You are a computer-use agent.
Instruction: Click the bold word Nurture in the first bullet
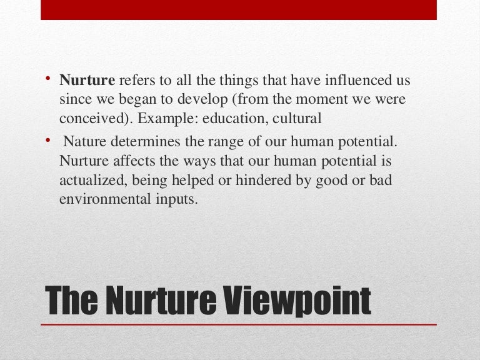click(x=87, y=81)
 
